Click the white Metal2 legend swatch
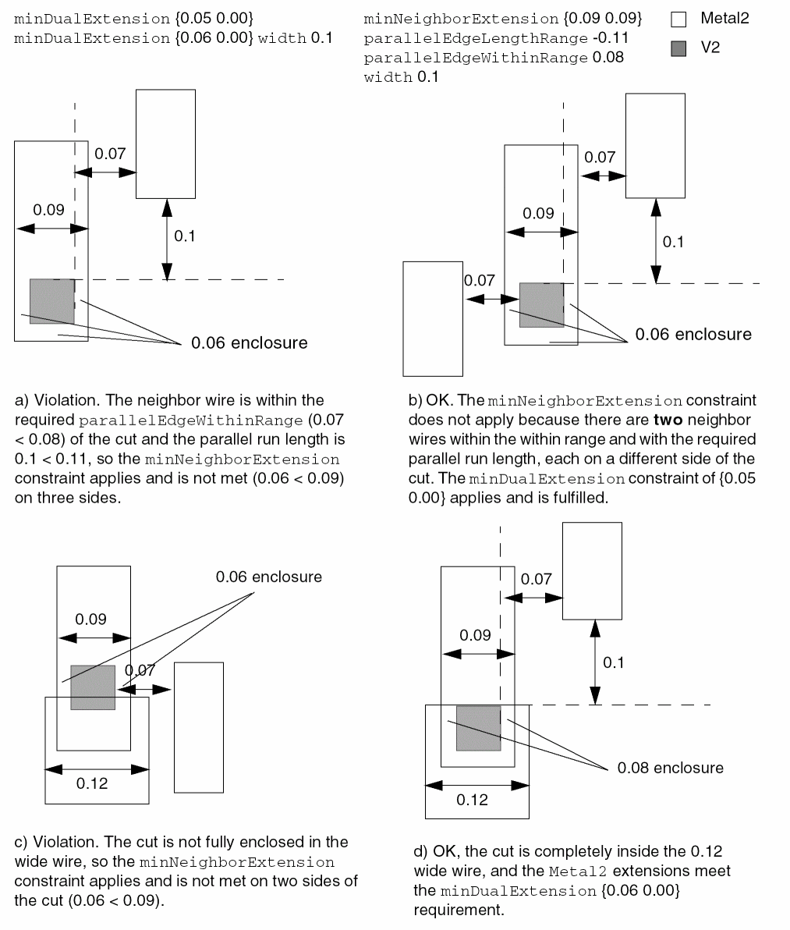[678, 19]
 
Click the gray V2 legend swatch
[678, 48]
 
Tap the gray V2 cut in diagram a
[51, 301]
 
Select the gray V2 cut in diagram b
[541, 305]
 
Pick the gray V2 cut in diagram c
[93, 687]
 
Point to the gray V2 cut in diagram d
[478, 728]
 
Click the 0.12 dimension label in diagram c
[92, 783]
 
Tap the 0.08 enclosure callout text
[670, 768]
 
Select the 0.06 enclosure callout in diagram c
[268, 577]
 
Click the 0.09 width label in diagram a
[48, 209]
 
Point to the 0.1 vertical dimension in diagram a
[184, 236]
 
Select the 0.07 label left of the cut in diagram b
[479, 280]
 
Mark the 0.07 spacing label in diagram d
[536, 579]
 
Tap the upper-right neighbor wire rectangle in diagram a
[165, 144]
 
